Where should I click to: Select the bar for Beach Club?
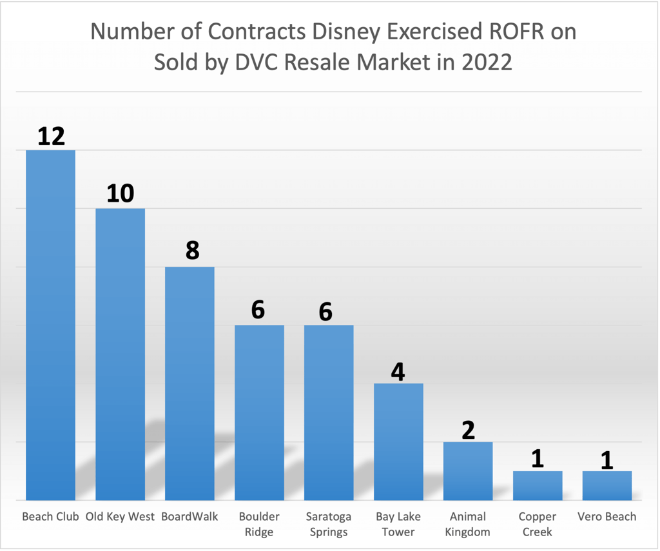tap(50, 325)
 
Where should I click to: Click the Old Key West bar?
tap(120, 354)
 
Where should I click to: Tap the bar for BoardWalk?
tap(189, 383)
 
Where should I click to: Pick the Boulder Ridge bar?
tap(259, 412)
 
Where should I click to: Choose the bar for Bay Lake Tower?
tap(398, 441)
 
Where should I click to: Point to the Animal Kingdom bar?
tap(468, 470)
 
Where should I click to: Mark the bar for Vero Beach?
tap(607, 485)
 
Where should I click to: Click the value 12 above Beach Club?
tap(51, 136)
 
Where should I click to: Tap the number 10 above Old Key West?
tap(121, 193)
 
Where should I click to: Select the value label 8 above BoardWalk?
tap(192, 251)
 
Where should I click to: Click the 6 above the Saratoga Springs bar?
tap(325, 311)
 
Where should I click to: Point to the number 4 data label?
tap(398, 371)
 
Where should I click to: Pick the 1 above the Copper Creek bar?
tap(538, 458)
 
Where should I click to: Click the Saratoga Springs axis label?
tap(329, 524)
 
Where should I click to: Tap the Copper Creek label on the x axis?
tap(538, 524)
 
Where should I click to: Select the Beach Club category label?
tap(50, 517)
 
